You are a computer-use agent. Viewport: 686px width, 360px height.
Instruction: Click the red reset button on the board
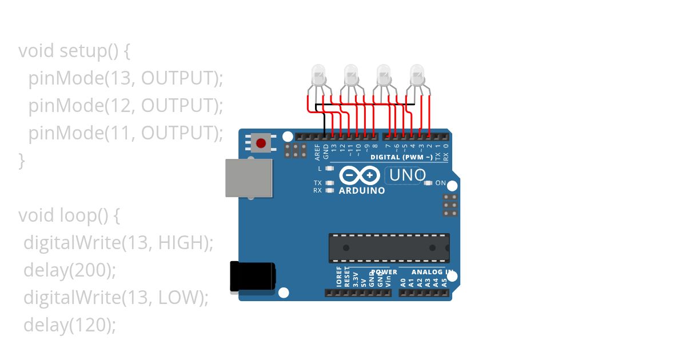tap(261, 142)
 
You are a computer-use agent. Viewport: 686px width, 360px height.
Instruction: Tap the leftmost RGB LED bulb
tap(318, 74)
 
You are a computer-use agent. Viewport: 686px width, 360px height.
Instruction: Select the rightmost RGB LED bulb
tap(417, 74)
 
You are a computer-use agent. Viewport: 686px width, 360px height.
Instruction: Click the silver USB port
tap(249, 178)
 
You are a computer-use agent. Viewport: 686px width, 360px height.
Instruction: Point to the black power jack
tap(252, 277)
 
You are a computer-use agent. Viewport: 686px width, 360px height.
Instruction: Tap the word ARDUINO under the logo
tap(362, 191)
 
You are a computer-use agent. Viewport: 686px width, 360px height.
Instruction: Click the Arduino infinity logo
tap(359, 175)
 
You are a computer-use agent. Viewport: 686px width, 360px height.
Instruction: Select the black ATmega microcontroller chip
tap(389, 248)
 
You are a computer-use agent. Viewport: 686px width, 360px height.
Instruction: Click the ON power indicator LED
tap(428, 183)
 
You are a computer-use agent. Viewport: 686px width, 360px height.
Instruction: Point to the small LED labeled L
tap(329, 169)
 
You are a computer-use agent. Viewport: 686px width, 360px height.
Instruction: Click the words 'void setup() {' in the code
tap(75, 51)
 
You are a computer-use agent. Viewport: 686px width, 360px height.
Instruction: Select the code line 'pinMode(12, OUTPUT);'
tap(126, 106)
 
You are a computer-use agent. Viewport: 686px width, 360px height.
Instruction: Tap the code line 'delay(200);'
tap(70, 270)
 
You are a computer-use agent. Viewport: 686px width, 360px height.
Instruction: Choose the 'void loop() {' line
tap(69, 215)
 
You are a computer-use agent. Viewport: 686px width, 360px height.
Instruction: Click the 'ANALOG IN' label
tap(432, 273)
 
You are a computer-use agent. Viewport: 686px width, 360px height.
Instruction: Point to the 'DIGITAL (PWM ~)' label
tap(401, 157)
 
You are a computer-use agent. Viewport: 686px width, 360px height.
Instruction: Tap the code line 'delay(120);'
tap(70, 325)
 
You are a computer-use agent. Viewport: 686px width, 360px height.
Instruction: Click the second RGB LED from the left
tap(351, 74)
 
